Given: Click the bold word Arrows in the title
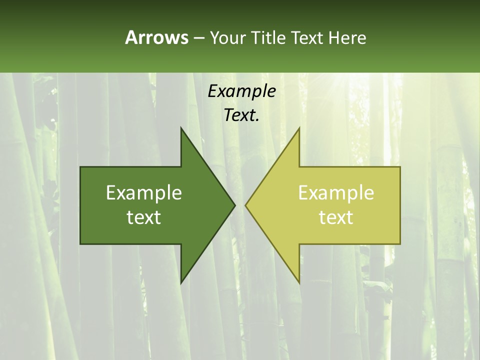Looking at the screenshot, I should pyautogui.click(x=156, y=37).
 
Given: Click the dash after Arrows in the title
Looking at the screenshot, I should pyautogui.click(x=198, y=37).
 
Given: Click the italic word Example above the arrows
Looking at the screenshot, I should pyautogui.click(x=241, y=91).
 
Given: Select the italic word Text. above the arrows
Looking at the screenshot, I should pyautogui.click(x=241, y=115).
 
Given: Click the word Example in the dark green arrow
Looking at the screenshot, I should pyautogui.click(x=144, y=192).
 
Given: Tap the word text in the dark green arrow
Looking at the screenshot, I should pyautogui.click(x=144, y=217).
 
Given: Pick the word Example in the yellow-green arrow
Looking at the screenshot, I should pyautogui.click(x=336, y=192).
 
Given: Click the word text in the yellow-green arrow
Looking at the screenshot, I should pyautogui.click(x=336, y=217).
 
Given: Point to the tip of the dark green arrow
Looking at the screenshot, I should pyautogui.click(x=234, y=205).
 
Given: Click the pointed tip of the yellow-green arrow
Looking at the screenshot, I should pyautogui.click(x=245, y=205).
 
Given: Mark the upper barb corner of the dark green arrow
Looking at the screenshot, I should pyautogui.click(x=181, y=128).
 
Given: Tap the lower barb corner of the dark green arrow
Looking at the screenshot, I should pyautogui.click(x=181, y=283).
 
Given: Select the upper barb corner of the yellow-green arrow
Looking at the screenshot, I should pyautogui.click(x=299, y=128).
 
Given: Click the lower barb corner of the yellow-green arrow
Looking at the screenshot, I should pyautogui.click(x=299, y=283).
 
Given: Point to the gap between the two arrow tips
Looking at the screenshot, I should pyautogui.click(x=240, y=205).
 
